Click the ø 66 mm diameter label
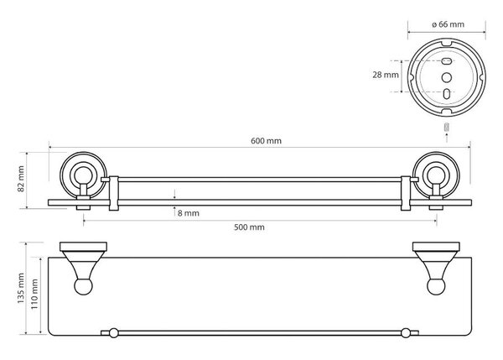[x=448, y=24]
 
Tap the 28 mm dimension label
[x=386, y=75]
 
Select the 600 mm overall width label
[x=266, y=141]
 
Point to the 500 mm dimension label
[x=249, y=227]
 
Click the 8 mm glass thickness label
[x=189, y=213]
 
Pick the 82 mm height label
[x=21, y=179]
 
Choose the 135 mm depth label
[x=21, y=289]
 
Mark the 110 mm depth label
[x=34, y=295]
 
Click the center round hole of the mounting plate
[x=447, y=77]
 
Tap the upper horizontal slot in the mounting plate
[x=447, y=60]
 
